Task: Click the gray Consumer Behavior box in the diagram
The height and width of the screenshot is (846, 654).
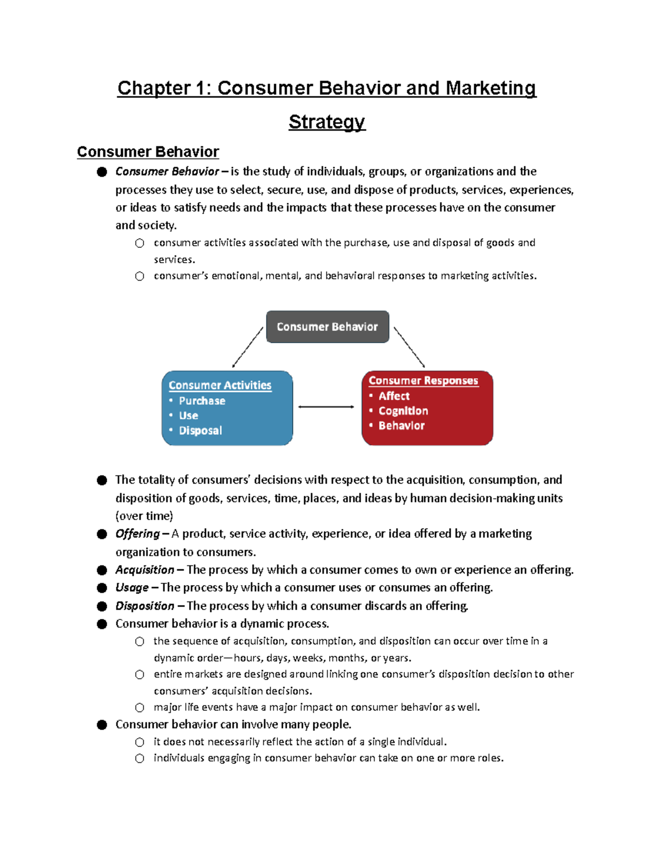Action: pos(327,327)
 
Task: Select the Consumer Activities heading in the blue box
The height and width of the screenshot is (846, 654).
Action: pos(220,385)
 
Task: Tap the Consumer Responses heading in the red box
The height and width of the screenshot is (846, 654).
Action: pos(423,381)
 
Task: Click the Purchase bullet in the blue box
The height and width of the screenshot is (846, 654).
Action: pos(202,401)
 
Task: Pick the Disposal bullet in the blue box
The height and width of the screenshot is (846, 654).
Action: pos(200,430)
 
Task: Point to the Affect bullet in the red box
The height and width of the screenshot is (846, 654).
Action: pos(393,396)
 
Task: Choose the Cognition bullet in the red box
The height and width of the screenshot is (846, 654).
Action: pos(403,411)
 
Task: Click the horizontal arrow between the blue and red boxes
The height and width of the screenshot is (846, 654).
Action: pos(326,407)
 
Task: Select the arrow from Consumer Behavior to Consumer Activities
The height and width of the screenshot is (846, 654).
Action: pos(247,348)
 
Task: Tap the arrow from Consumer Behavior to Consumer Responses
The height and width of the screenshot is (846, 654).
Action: pos(409,347)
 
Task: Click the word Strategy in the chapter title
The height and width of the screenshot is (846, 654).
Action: pos(327,122)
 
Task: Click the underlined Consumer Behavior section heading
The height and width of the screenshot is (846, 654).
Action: pos(148,152)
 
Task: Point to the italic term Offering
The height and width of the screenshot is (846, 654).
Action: pos(137,534)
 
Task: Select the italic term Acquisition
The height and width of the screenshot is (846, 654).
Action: pos(144,570)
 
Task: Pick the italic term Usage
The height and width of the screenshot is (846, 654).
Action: pos(132,588)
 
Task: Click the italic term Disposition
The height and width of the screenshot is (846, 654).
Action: pos(144,606)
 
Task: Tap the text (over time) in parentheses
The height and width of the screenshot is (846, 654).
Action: pos(144,516)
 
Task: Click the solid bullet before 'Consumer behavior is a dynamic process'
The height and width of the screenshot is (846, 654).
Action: pos(102,624)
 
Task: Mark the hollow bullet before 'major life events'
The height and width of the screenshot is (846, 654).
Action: pos(140,708)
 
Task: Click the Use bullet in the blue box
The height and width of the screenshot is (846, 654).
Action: pos(188,416)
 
